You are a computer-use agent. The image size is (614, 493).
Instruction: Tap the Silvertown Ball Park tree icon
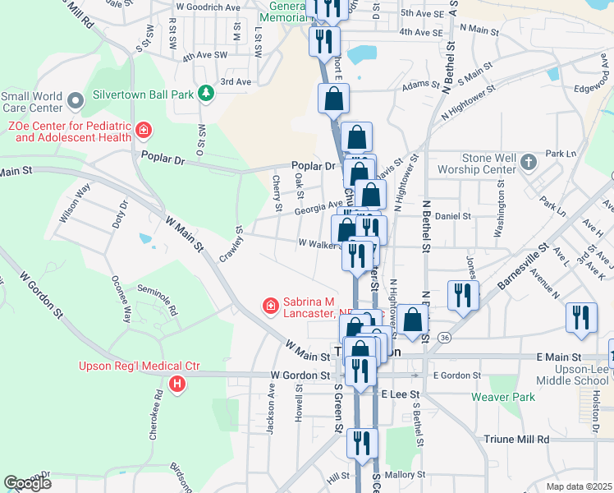click(205, 94)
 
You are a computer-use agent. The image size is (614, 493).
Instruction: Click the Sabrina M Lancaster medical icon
click(269, 306)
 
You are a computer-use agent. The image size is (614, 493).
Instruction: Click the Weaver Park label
click(503, 397)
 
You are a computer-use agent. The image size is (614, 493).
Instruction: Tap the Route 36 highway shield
click(444, 337)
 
